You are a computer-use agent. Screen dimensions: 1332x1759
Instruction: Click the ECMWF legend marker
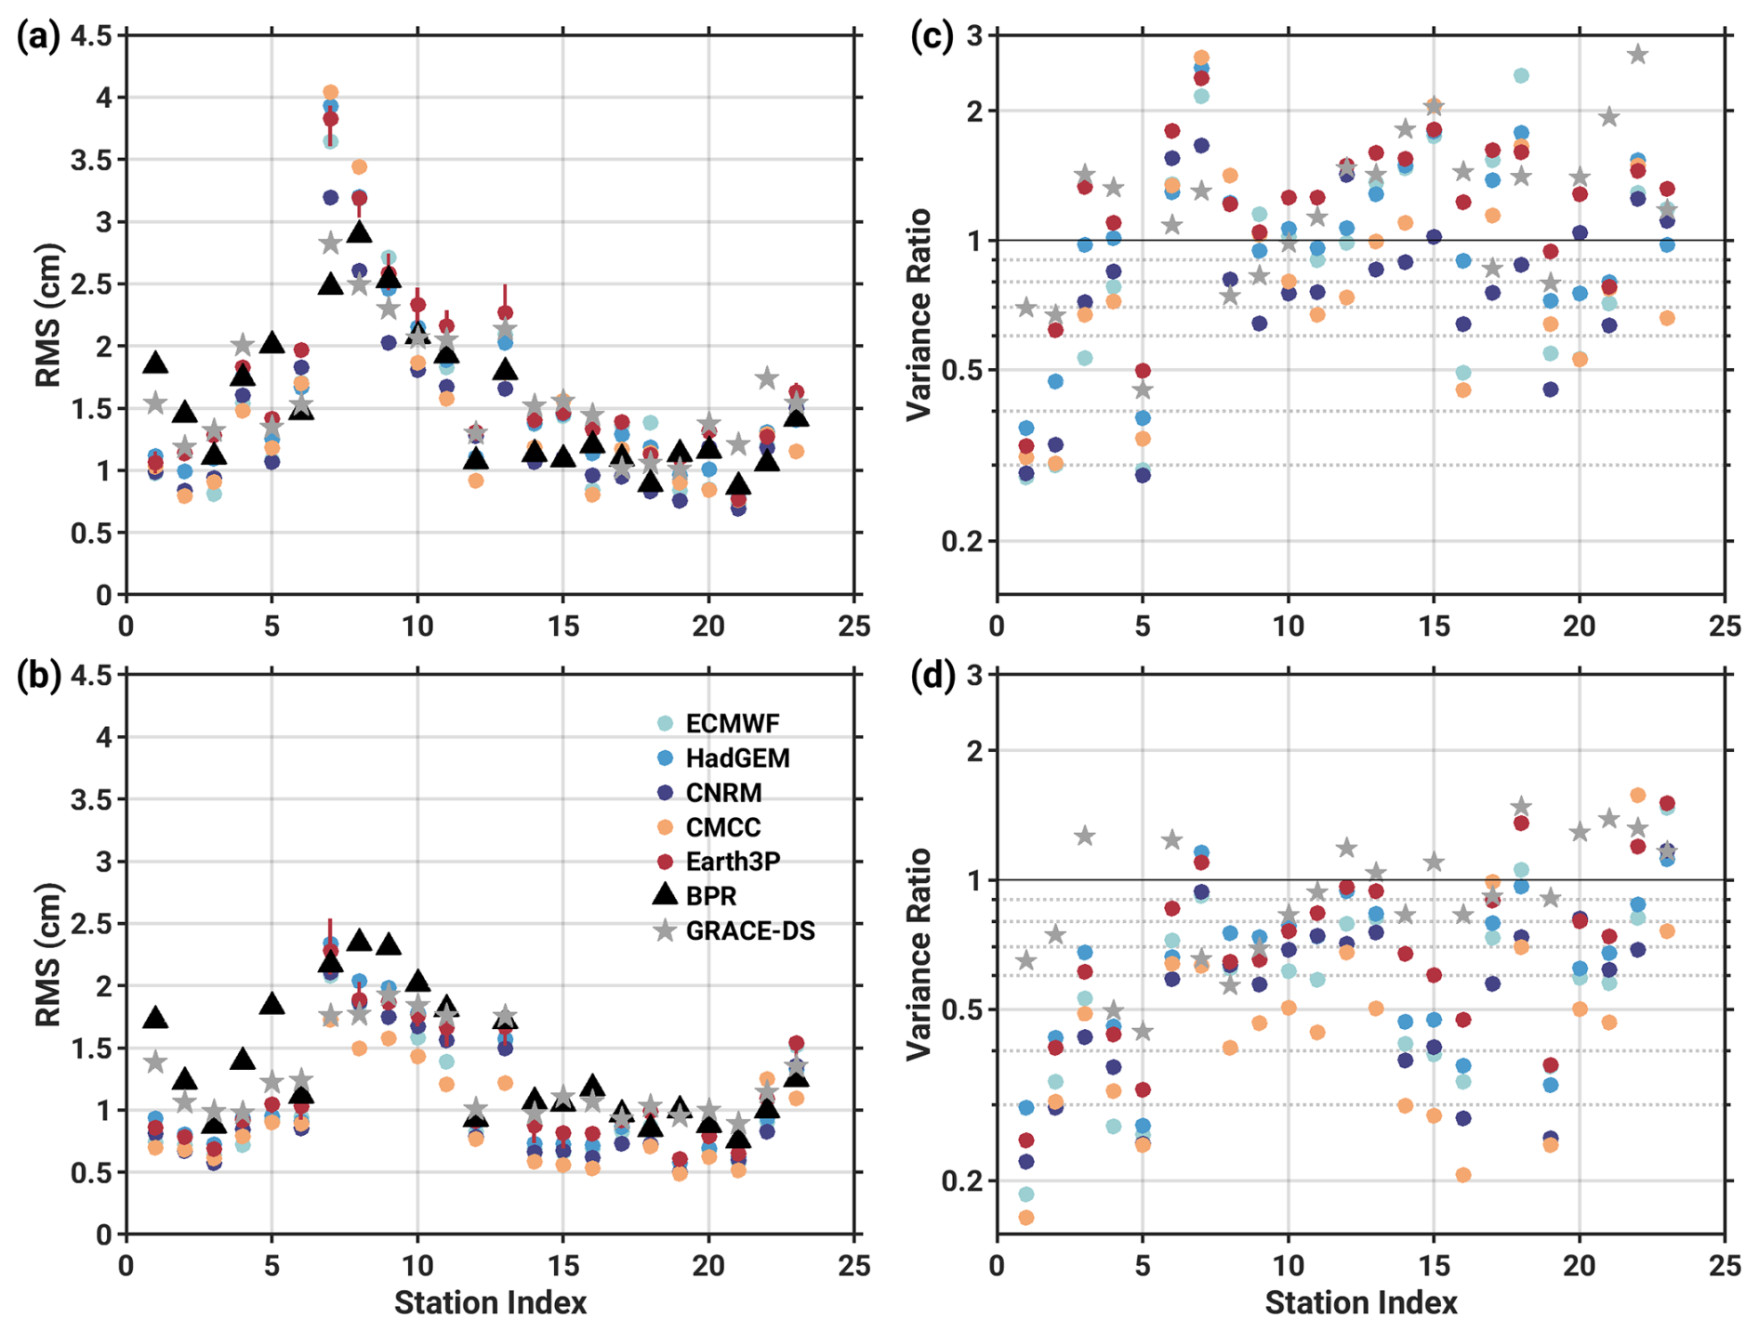point(665,723)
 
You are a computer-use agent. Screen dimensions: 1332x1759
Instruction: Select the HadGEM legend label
point(737,758)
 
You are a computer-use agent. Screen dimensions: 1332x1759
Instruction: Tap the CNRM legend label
point(723,793)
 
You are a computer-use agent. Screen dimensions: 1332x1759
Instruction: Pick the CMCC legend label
point(722,827)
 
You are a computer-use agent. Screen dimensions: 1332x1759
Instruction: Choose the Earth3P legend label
point(733,862)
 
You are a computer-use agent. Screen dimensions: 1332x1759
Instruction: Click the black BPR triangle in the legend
point(665,895)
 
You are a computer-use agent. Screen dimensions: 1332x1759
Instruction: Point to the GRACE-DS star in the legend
point(665,930)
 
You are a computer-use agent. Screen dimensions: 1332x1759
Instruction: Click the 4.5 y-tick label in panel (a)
point(90,36)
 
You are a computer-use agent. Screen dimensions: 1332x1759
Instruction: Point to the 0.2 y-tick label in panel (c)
point(962,541)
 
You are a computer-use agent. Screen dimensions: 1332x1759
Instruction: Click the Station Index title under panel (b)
point(490,1303)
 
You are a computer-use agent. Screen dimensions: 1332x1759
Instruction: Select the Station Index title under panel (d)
point(1360,1303)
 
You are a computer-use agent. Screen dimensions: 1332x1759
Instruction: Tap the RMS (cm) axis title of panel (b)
point(48,954)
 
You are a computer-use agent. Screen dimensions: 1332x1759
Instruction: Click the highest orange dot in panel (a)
point(330,92)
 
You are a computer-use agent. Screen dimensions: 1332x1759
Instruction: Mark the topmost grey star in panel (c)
point(1638,55)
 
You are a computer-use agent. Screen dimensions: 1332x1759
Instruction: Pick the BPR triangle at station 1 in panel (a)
point(155,363)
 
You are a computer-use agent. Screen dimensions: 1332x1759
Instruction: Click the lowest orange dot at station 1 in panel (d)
point(1026,1217)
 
